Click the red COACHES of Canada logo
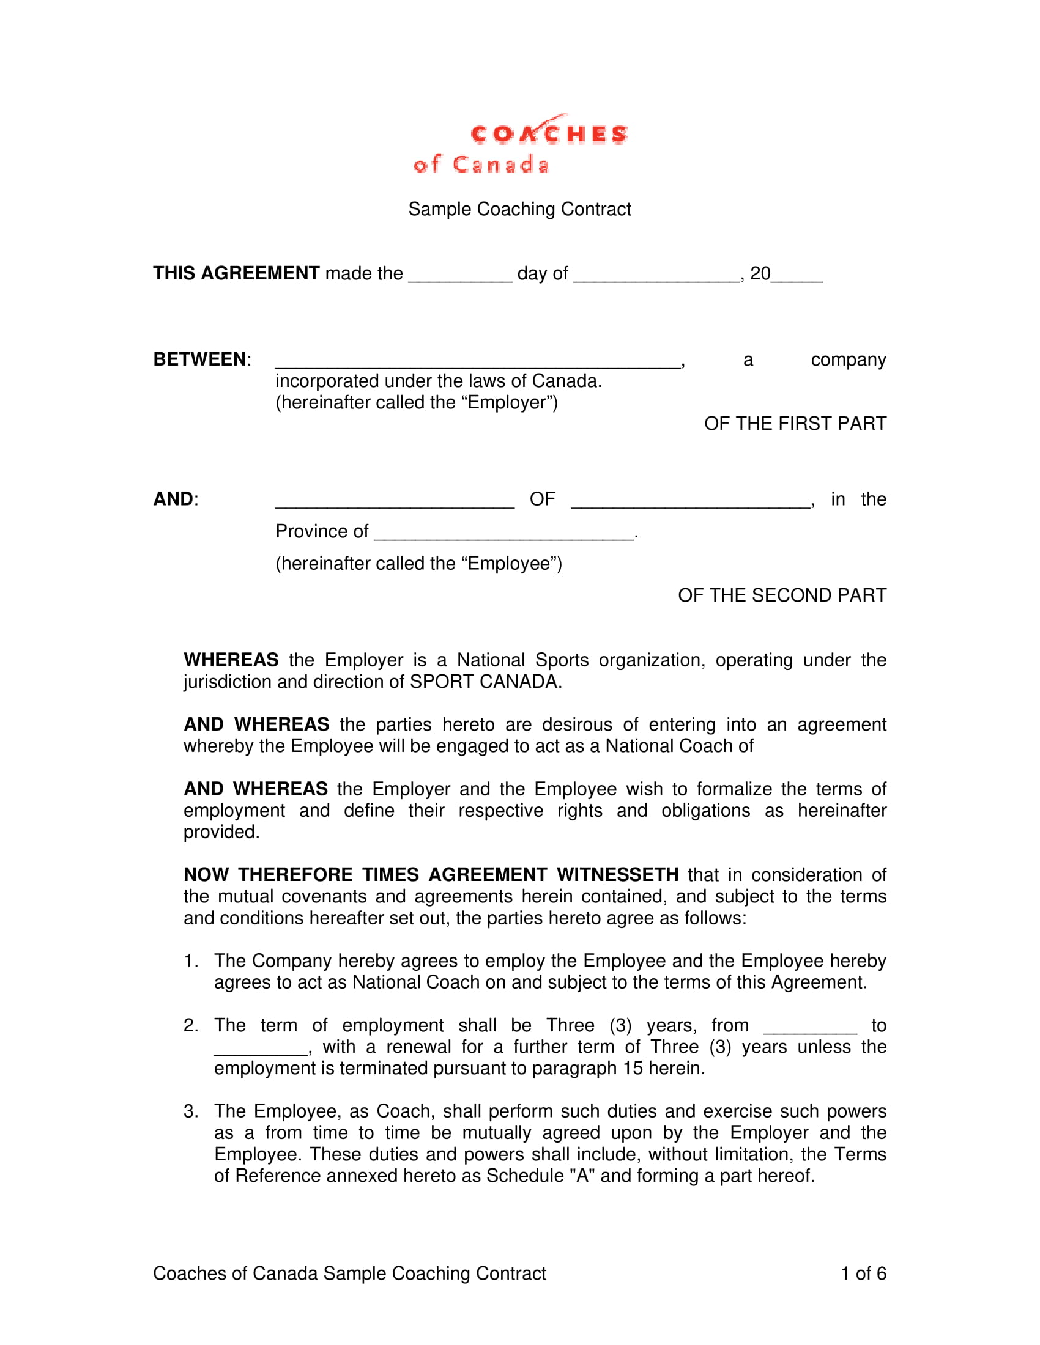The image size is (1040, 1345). tap(521, 144)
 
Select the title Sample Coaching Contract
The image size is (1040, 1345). tap(519, 209)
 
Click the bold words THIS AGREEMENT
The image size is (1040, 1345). tap(236, 273)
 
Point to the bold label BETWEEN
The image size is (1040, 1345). tap(199, 359)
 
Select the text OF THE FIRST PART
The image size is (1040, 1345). tap(795, 424)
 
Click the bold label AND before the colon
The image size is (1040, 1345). tap(173, 499)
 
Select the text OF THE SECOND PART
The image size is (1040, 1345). tap(782, 595)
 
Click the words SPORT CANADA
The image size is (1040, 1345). tap(485, 682)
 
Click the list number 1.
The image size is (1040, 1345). tap(190, 960)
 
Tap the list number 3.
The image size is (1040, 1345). tap(190, 1111)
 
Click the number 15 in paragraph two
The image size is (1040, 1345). tap(632, 1068)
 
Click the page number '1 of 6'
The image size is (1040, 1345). tap(863, 1273)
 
